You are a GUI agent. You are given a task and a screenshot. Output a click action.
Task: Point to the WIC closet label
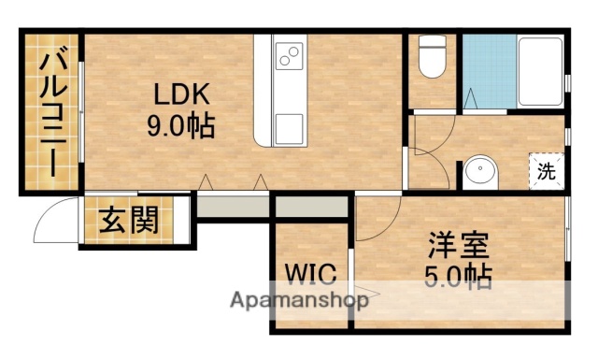(x=309, y=273)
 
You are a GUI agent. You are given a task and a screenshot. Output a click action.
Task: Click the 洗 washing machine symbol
(x=545, y=172)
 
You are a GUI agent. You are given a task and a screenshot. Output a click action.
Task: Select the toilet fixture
(x=432, y=58)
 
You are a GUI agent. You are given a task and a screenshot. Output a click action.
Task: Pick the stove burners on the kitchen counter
(x=288, y=57)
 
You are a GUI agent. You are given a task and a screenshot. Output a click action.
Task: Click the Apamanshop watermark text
(x=298, y=301)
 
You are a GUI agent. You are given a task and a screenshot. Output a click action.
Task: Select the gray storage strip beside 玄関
(x=234, y=206)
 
